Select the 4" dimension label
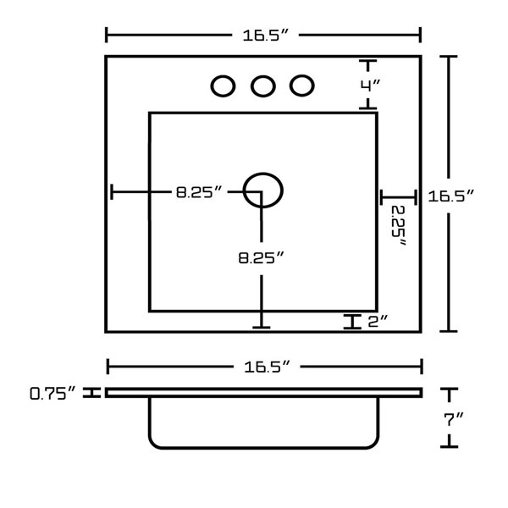tap(370, 86)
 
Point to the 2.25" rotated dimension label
tap(399, 226)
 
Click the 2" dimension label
tap(378, 321)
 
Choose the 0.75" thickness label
tap(52, 393)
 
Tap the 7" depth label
tap(454, 419)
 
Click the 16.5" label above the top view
tap(265, 35)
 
